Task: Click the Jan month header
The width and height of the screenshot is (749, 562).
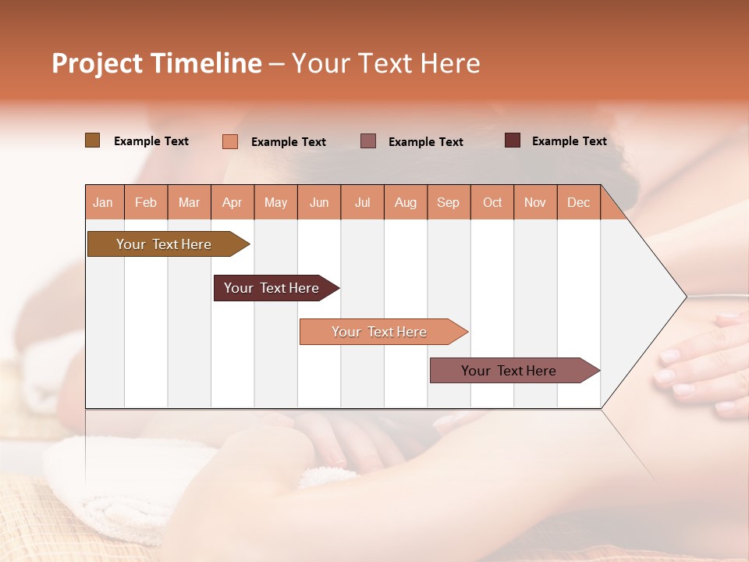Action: click(x=104, y=202)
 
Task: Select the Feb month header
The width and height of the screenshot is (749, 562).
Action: click(x=146, y=202)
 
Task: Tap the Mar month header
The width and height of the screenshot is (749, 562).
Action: click(x=189, y=202)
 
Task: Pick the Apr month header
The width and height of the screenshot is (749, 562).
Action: click(x=233, y=202)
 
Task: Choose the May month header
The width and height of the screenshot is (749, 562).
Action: click(x=275, y=202)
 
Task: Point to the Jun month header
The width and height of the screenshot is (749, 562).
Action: click(x=319, y=202)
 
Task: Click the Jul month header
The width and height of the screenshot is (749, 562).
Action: click(x=362, y=202)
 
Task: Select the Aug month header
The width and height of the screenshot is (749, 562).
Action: click(x=406, y=202)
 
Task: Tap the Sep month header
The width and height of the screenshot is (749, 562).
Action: click(x=449, y=202)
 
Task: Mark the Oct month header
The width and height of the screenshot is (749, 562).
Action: click(x=492, y=202)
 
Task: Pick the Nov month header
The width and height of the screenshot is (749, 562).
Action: click(x=535, y=202)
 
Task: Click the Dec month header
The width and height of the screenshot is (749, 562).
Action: click(x=579, y=202)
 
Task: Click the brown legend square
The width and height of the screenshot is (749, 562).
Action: click(x=92, y=140)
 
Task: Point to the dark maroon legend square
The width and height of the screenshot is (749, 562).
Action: click(x=513, y=140)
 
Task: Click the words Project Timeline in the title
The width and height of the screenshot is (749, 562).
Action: click(x=157, y=63)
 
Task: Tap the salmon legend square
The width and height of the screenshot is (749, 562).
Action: click(x=229, y=141)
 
